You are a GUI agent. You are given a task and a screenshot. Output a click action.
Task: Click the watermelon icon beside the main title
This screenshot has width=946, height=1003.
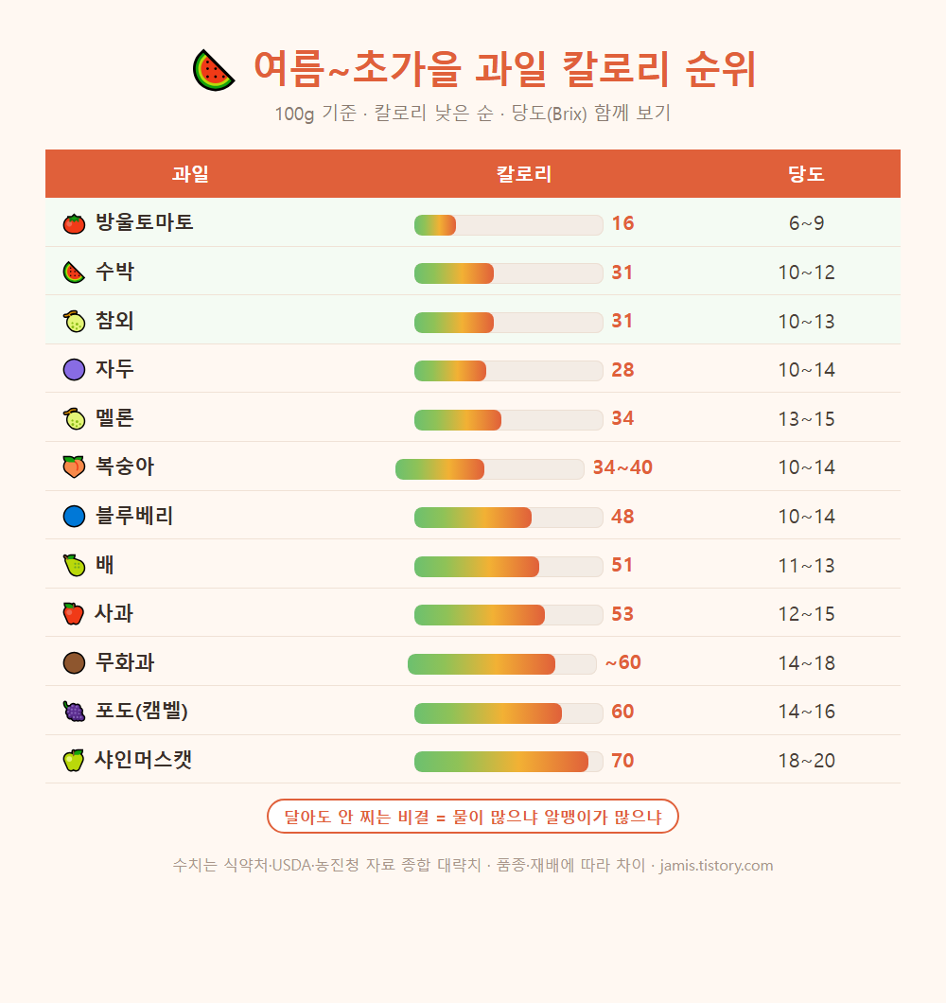coord(214,70)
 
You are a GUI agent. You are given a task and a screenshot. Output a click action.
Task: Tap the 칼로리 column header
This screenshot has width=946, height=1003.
coord(524,174)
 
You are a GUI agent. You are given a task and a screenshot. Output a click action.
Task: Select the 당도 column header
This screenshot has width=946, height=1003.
coord(806,174)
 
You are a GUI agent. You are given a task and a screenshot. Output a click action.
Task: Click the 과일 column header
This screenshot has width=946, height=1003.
coord(190,174)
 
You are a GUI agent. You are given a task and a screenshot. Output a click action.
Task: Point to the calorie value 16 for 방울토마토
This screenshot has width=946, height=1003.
coord(622,223)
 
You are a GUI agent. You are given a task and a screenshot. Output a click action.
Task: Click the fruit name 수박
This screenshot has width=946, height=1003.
coord(114,272)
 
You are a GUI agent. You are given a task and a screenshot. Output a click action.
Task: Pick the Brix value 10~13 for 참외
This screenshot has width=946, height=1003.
coord(806,321)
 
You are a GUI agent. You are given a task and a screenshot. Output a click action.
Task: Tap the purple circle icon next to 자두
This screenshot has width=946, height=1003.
coord(74,370)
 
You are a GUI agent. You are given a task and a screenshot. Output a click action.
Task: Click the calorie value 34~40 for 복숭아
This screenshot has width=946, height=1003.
coord(622,467)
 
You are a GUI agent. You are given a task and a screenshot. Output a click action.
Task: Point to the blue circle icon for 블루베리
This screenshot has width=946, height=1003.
coord(74,517)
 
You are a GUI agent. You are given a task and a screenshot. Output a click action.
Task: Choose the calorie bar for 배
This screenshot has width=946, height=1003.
coord(509,567)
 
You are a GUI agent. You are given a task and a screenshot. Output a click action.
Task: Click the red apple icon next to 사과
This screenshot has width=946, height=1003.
coord(74,613)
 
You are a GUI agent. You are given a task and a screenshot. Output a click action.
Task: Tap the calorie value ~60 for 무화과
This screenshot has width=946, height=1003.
coord(623,662)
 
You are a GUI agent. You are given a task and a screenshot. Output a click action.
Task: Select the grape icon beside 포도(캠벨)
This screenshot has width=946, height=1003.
coord(74,712)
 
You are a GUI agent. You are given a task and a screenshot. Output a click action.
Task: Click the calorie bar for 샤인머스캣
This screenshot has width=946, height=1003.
coord(509,762)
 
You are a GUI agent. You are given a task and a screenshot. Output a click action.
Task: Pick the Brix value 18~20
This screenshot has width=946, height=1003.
coord(806,761)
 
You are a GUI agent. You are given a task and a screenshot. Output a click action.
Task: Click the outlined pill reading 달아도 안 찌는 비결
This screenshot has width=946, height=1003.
coord(473,817)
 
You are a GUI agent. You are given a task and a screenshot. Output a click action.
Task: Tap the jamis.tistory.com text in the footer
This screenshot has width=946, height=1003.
coord(716,866)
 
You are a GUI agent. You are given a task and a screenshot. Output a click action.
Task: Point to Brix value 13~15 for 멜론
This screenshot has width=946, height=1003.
coord(806,419)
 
